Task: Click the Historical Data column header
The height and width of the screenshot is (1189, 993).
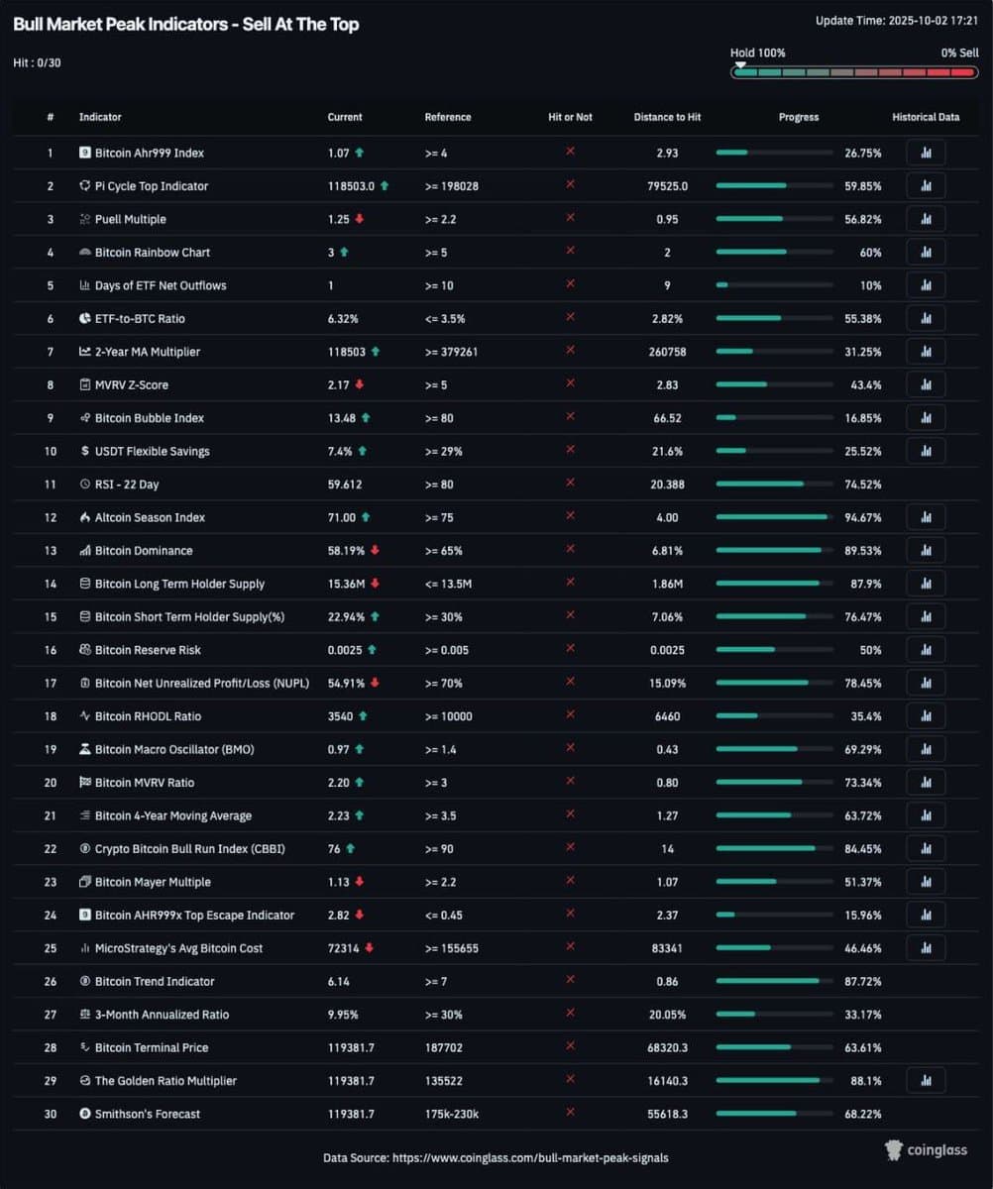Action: pyautogui.click(x=925, y=117)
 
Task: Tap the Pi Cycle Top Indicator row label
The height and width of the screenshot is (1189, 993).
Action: pyautogui.click(x=151, y=186)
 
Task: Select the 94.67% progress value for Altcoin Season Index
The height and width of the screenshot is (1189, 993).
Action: pyautogui.click(x=862, y=517)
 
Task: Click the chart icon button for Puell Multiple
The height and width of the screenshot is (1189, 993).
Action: pyautogui.click(x=925, y=219)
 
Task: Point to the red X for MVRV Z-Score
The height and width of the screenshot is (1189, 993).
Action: pyautogui.click(x=570, y=383)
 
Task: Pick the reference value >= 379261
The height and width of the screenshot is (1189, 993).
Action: pyautogui.click(x=451, y=352)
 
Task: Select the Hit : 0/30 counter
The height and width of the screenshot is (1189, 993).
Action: pyautogui.click(x=38, y=62)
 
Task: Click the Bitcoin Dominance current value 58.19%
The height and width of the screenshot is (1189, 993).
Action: pyautogui.click(x=346, y=551)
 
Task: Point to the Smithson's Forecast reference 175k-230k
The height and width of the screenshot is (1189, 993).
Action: pyautogui.click(x=452, y=1114)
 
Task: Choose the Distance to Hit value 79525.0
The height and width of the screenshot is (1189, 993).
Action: pyautogui.click(x=667, y=186)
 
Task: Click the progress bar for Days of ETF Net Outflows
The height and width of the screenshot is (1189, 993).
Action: pyautogui.click(x=773, y=285)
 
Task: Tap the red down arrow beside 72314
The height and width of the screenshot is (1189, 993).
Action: pyautogui.click(x=369, y=948)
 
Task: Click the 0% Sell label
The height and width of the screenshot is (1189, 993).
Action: pyautogui.click(x=958, y=53)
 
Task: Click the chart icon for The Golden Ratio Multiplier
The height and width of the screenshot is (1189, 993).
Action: pyautogui.click(x=925, y=1081)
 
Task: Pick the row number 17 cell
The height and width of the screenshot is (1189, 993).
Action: pyautogui.click(x=50, y=684)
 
